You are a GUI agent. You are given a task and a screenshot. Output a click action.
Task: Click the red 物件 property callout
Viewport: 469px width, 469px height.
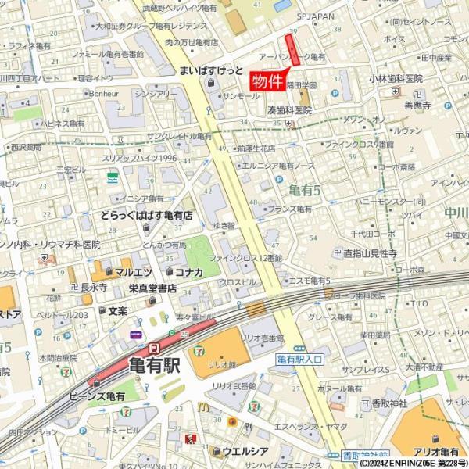pyautogui.click(x=266, y=81)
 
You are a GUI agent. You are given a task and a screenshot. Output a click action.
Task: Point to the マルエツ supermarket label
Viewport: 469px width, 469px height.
pyautogui.click(x=132, y=272)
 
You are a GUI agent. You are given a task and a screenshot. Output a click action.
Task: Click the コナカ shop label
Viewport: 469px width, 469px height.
pyautogui.click(x=188, y=272)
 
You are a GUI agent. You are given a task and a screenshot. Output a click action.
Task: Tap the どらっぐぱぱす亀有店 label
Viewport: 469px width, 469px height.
pyautogui.click(x=146, y=214)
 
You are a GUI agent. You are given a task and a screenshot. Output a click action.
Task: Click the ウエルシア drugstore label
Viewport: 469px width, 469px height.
pyautogui.click(x=245, y=451)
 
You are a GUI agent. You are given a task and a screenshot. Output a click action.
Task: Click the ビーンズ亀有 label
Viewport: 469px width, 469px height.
pyautogui.click(x=98, y=397)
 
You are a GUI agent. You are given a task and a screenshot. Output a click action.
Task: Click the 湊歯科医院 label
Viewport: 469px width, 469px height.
pyautogui.click(x=289, y=110)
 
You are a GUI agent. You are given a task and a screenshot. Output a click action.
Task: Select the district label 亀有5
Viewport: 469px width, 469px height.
pyautogui.click(x=304, y=190)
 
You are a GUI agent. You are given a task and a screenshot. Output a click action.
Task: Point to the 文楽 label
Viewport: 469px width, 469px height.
pyautogui.click(x=117, y=310)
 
